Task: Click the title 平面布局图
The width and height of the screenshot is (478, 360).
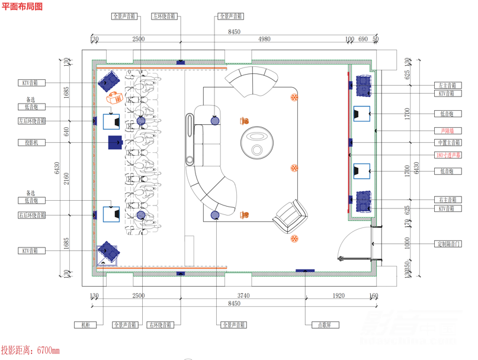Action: [23, 7]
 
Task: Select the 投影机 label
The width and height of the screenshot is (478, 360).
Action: [31, 143]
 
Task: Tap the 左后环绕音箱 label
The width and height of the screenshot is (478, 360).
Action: [31, 121]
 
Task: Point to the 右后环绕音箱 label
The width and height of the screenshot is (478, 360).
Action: [31, 216]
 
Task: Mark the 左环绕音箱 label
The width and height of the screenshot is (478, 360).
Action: [164, 17]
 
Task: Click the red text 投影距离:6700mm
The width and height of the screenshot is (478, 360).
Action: [31, 351]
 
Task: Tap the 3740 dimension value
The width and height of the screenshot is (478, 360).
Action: [243, 295]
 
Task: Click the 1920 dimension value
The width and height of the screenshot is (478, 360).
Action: [338, 295]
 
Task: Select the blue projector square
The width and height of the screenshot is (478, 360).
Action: [114, 142]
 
